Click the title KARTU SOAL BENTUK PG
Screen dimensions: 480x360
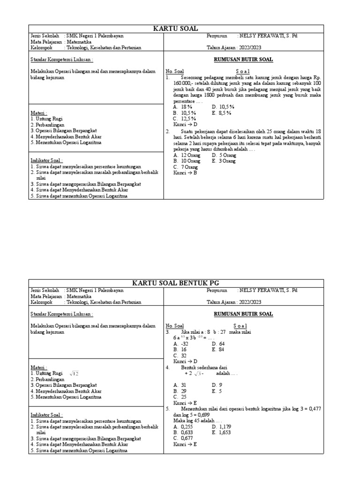click(176, 283)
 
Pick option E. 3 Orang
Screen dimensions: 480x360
click(224, 161)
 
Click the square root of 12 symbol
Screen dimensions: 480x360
click(75, 373)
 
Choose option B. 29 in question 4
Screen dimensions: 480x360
click(180, 391)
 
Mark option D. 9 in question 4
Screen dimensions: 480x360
click(217, 385)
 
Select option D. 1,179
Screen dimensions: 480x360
click(222, 427)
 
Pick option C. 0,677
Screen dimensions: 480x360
click(184, 439)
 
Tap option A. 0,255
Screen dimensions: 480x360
click(184, 427)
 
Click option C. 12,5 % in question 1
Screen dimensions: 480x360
click(184, 119)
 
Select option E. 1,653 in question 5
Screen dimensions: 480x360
click(222, 433)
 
